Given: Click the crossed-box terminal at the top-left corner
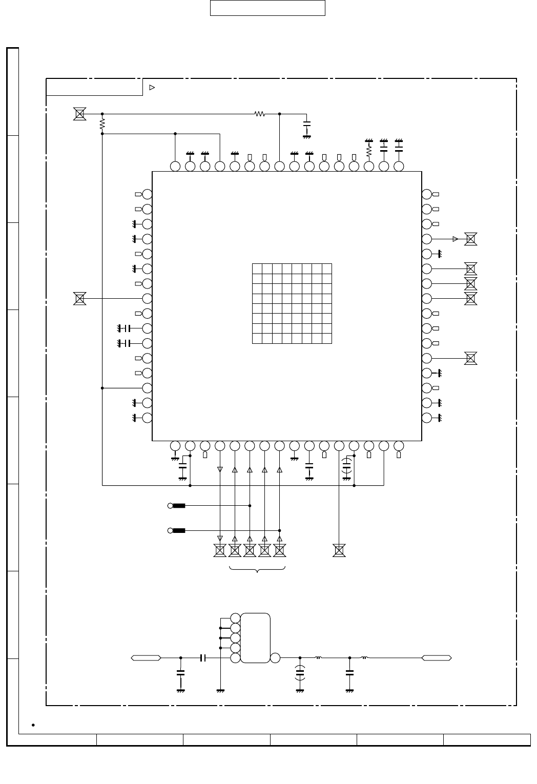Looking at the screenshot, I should coord(79,114).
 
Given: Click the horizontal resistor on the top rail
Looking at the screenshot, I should coord(260,114).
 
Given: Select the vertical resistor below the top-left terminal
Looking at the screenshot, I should coord(102,123).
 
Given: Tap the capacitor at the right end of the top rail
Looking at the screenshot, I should coord(307,125).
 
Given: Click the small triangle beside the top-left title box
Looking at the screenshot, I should coord(152,87).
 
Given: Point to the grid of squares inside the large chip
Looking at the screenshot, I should coord(292,303).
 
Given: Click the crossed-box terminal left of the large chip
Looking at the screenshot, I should coord(79,298).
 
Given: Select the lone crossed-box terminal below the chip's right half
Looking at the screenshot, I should coord(339,550).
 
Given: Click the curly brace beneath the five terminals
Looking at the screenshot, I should coord(257,569).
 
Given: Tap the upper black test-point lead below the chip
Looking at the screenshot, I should coord(179,506).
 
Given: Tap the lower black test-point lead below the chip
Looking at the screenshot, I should coord(179,530).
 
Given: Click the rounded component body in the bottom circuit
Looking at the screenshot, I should coord(255,638).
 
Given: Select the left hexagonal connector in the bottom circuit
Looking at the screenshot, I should coord(146,657).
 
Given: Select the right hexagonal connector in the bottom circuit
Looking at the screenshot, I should coord(437,657).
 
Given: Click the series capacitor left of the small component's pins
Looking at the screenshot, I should coord(203,657).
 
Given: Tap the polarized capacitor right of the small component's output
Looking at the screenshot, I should coord(300,672).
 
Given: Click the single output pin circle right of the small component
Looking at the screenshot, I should coord(275,658).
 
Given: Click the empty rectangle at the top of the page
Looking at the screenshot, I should coord(267,8).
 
